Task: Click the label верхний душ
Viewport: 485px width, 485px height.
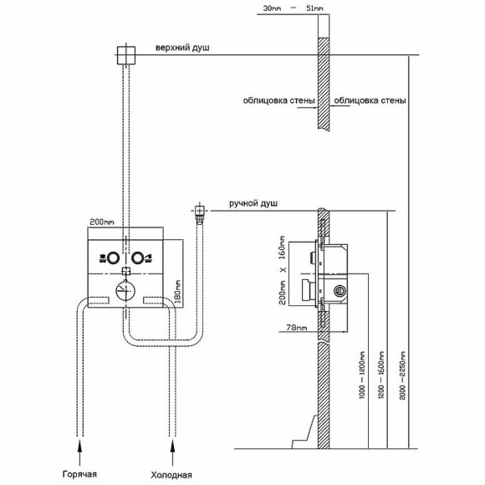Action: click(182, 48)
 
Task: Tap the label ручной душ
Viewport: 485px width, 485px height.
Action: click(253, 203)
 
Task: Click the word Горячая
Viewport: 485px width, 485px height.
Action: click(79, 474)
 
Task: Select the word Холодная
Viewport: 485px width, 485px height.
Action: click(171, 475)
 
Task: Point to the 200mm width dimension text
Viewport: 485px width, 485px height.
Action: click(102, 222)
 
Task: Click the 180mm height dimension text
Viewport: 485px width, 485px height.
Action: click(178, 292)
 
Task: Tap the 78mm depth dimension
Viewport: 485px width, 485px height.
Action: click(297, 327)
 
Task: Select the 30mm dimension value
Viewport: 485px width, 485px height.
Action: click(272, 8)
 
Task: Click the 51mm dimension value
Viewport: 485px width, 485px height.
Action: click(314, 8)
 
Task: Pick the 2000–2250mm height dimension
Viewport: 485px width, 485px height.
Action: click(401, 375)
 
